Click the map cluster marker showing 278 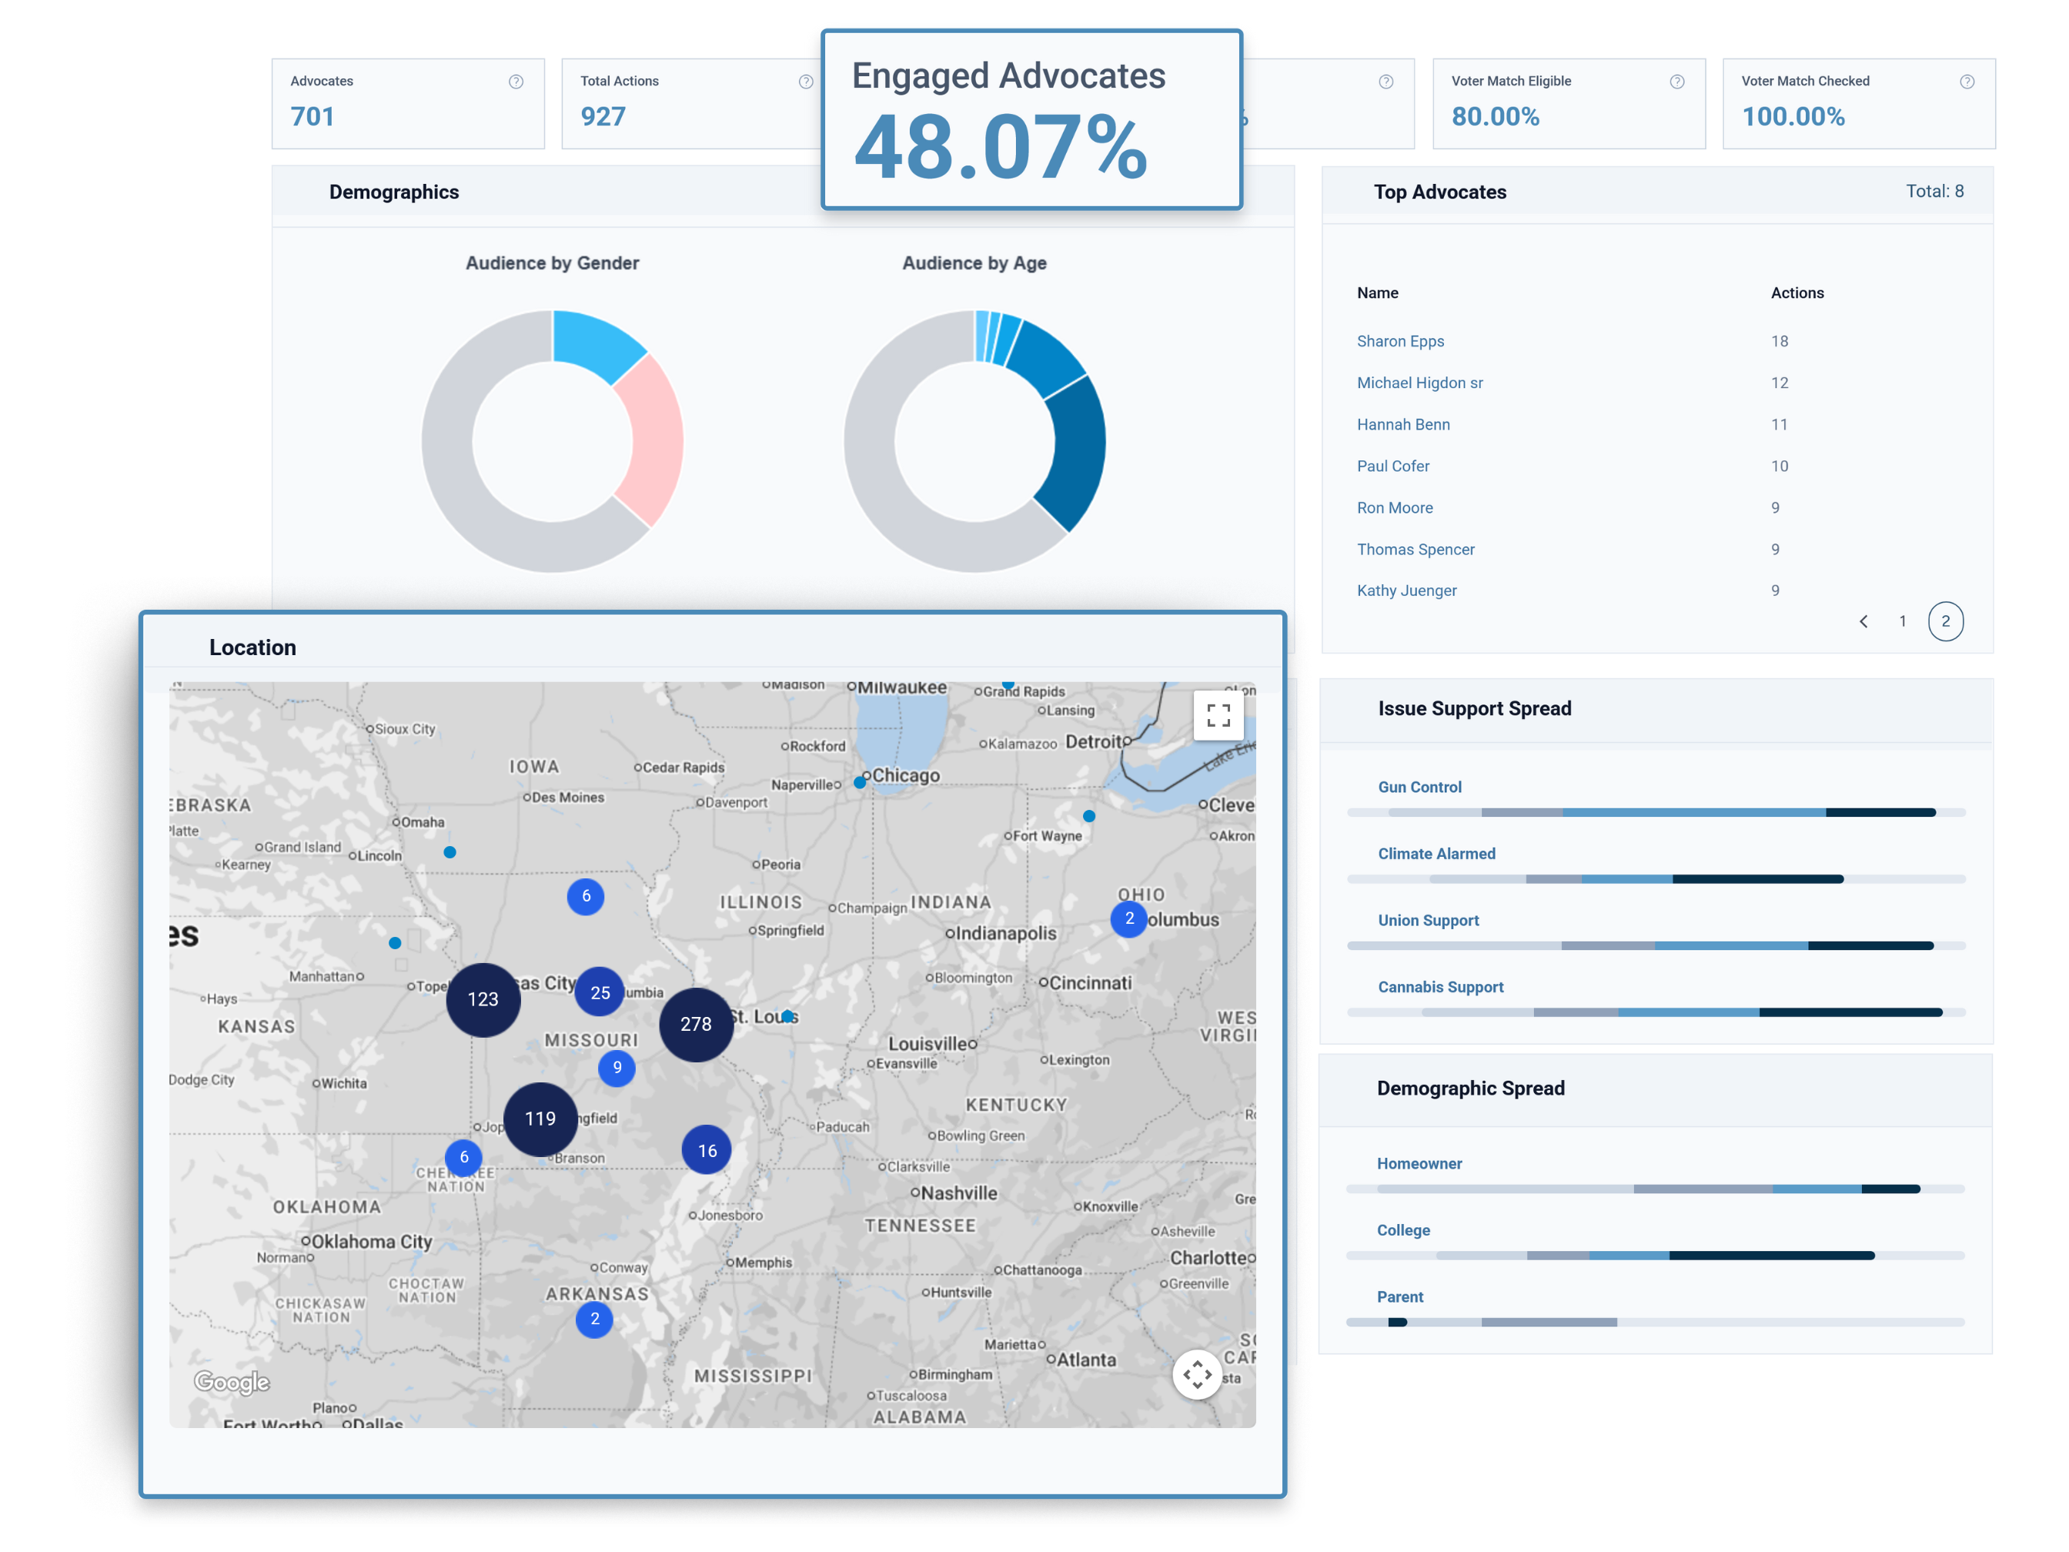[x=696, y=1025]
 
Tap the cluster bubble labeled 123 [x=483, y=999]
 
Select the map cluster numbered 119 [x=540, y=1119]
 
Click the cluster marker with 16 [x=707, y=1151]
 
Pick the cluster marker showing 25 [x=600, y=992]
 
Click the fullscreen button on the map [x=1218, y=716]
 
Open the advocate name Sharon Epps [x=1400, y=342]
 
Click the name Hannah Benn [x=1403, y=425]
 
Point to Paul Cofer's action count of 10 [x=1779, y=466]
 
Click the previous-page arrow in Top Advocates [x=1863, y=621]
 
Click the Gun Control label [x=1419, y=788]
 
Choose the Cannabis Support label [x=1440, y=987]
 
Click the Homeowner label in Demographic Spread [x=1419, y=1164]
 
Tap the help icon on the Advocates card [x=516, y=82]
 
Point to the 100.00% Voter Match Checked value [x=1792, y=117]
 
